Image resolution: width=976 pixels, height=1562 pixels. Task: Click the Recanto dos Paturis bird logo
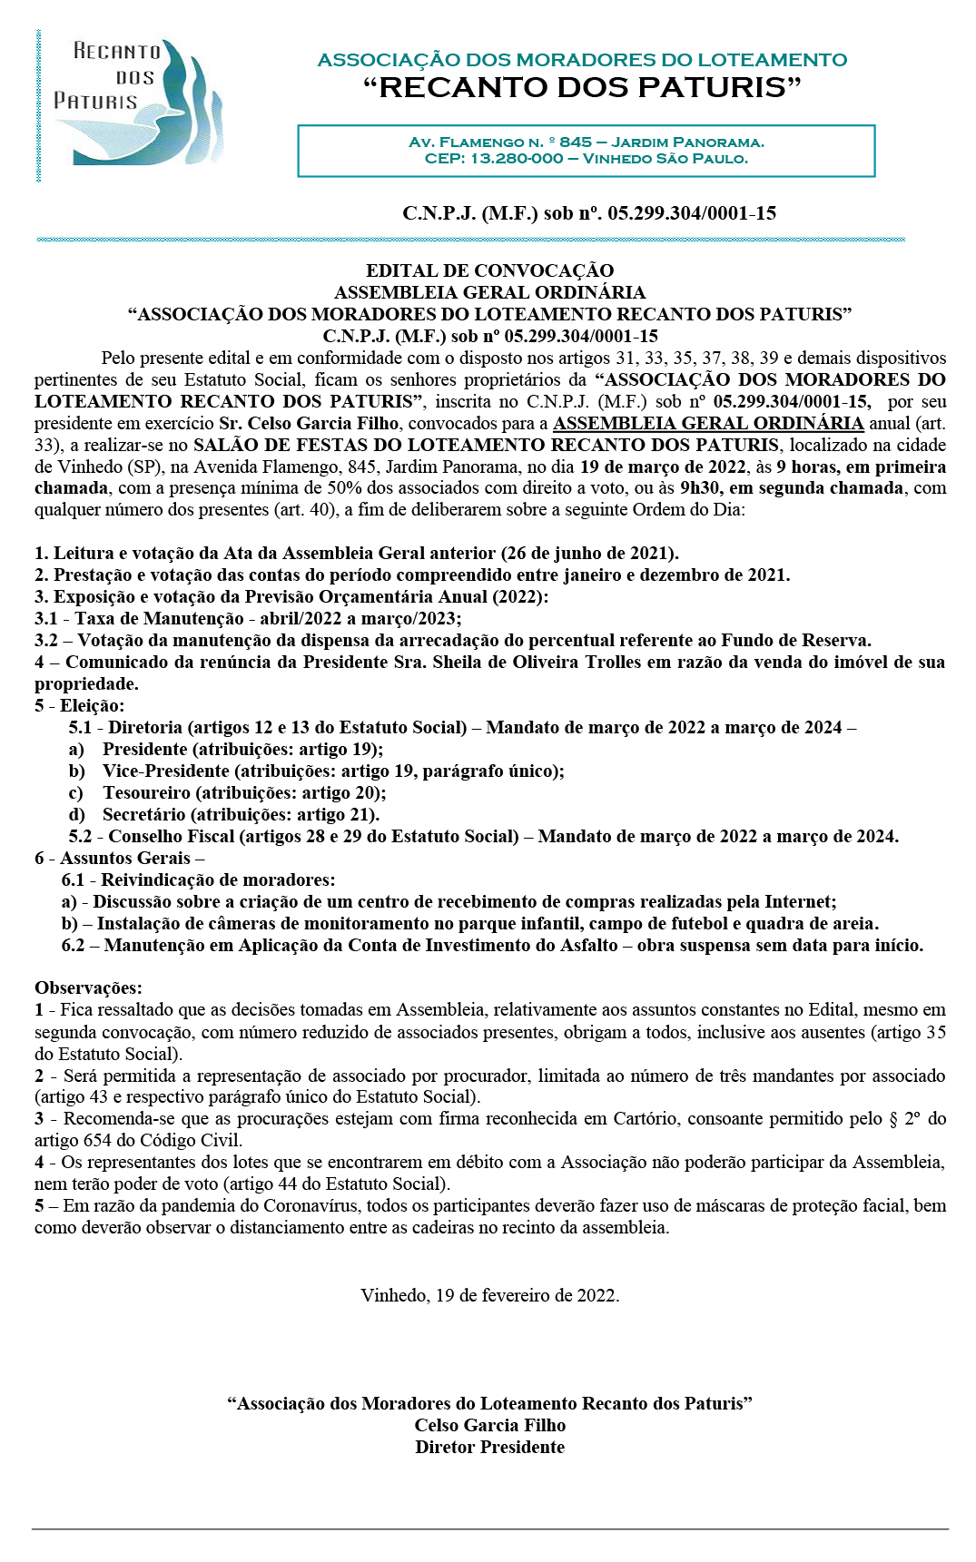(x=136, y=102)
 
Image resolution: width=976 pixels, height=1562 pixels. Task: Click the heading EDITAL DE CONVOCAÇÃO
(x=489, y=270)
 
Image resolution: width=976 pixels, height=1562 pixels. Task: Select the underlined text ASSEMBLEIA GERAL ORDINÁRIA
(x=708, y=423)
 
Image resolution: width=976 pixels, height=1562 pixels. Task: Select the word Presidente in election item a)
(x=144, y=749)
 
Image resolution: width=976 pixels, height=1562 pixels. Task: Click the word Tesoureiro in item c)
(x=146, y=792)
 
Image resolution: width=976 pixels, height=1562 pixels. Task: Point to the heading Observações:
(x=88, y=987)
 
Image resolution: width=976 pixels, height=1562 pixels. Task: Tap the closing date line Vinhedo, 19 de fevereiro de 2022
(x=489, y=1295)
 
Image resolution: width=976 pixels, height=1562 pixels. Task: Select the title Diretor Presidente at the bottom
(x=489, y=1447)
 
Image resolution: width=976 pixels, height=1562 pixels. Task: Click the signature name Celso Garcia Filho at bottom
(x=489, y=1425)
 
